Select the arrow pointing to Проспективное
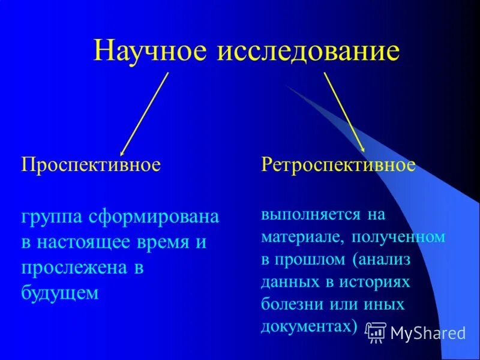(144, 114)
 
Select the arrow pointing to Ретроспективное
(344, 112)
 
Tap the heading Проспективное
(91, 165)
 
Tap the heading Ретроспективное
(338, 165)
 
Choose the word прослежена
(74, 268)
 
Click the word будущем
(59, 293)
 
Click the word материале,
(299, 237)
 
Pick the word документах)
(309, 326)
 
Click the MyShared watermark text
(427, 332)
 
